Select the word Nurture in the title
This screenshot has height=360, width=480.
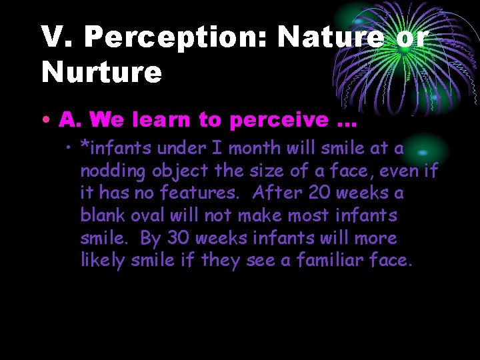coord(101,73)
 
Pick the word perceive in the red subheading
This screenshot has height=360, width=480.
coord(279,120)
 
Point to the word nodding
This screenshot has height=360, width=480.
coord(113,171)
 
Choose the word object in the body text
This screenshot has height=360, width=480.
coord(177,171)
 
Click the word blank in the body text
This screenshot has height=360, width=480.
coord(102,216)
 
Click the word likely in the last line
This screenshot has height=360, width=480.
coord(102,261)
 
